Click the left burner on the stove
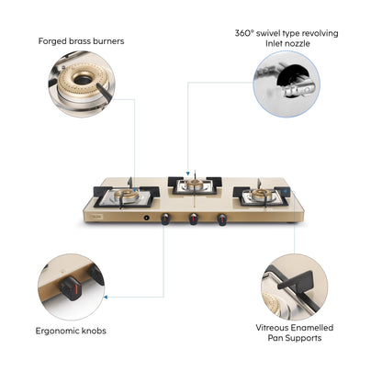tap(130, 197)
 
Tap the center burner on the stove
tap(191, 185)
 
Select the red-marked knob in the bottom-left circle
tap(68, 292)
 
